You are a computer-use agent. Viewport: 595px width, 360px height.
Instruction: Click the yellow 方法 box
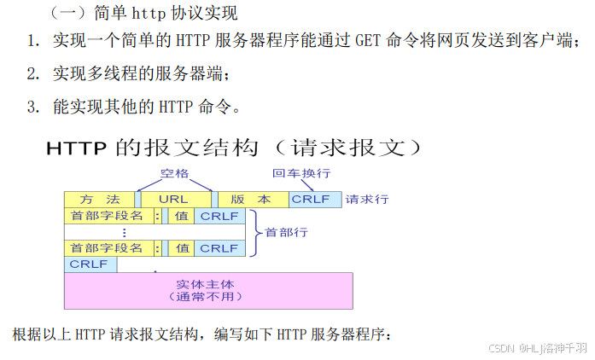coord(99,199)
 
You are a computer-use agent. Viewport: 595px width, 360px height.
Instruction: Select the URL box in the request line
coord(174,199)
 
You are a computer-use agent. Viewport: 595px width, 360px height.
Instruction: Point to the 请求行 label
coord(367,200)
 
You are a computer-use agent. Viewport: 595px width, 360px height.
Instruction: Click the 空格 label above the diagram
coord(174,173)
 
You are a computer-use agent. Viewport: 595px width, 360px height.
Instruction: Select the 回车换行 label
coord(301,173)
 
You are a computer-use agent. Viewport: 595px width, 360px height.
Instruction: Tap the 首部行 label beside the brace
coord(286,232)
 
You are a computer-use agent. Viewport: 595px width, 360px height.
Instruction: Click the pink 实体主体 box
coord(208,290)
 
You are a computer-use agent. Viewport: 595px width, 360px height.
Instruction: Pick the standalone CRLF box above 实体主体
coord(90,264)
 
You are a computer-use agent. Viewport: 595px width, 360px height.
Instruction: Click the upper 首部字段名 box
coord(108,216)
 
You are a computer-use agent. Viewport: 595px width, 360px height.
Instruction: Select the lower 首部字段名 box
coord(108,248)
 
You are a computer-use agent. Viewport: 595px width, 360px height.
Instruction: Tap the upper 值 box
coord(182,216)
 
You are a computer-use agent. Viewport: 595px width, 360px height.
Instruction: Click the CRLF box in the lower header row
coord(219,248)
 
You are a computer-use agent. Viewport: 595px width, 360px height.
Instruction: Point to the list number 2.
coord(33,74)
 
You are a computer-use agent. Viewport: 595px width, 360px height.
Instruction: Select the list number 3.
coord(33,107)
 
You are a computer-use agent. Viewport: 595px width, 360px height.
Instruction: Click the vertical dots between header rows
coord(125,232)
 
